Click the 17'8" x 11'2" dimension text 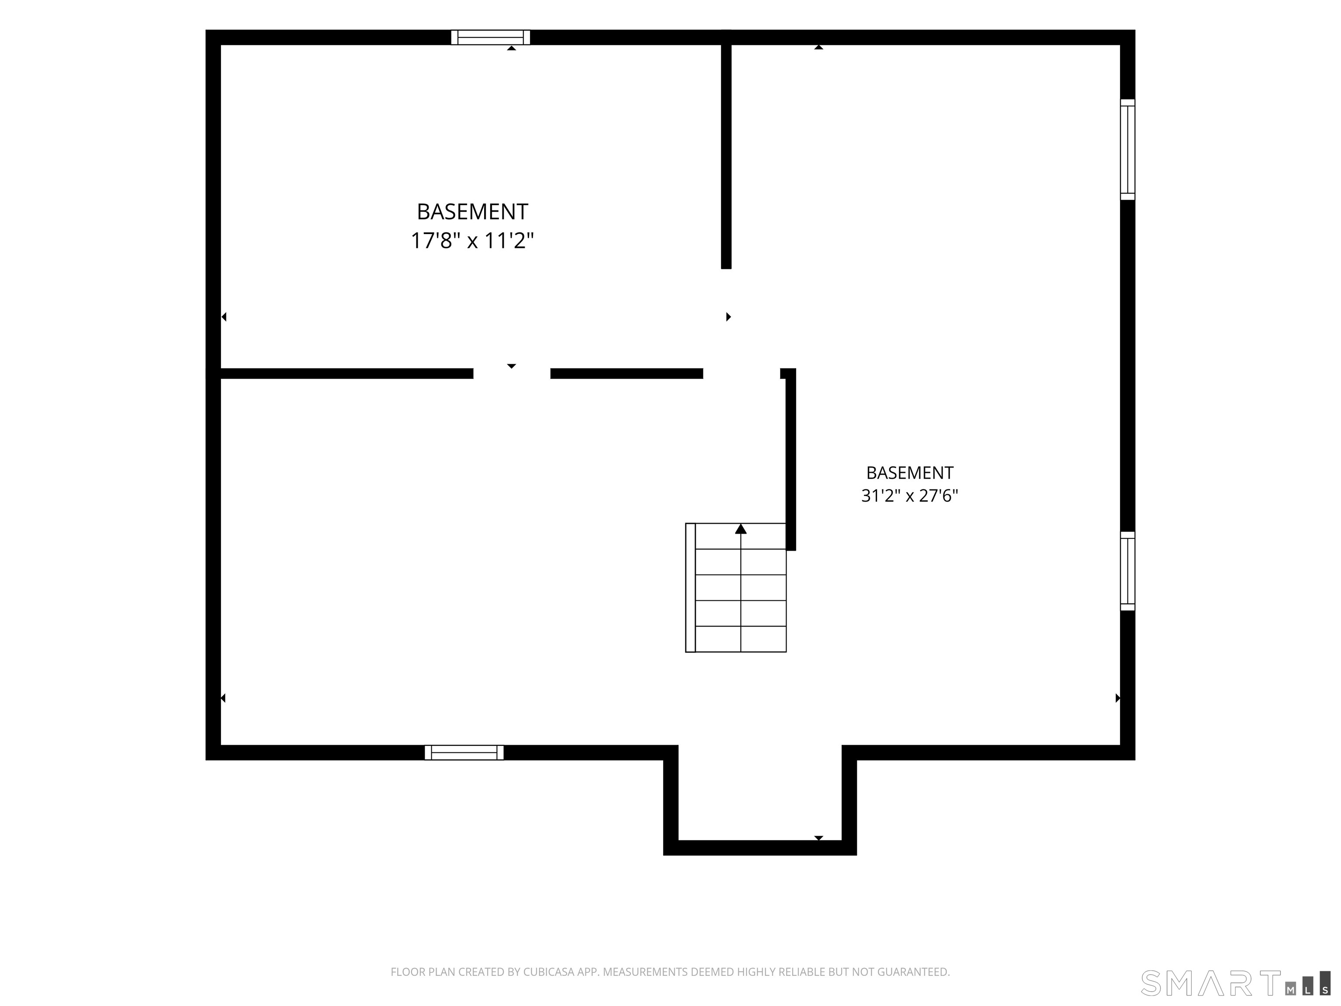tap(472, 241)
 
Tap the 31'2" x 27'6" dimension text tap(909, 496)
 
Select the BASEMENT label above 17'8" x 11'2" tap(472, 212)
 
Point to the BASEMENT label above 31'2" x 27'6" tap(909, 472)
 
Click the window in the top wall tap(491, 38)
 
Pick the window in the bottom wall tap(464, 752)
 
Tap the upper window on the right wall tap(1127, 149)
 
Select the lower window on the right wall tap(1127, 571)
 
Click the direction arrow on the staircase tap(741, 529)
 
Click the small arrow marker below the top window tap(512, 48)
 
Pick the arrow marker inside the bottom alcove tap(818, 838)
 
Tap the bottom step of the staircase tap(741, 639)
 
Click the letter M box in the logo tap(1291, 990)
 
